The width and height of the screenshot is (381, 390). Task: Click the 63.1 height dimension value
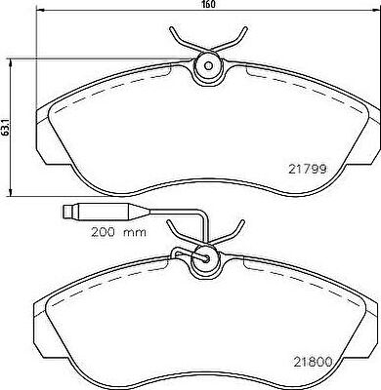coord(4,127)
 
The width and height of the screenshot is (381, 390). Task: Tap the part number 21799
coord(307,169)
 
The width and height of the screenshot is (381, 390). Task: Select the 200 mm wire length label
coord(118,232)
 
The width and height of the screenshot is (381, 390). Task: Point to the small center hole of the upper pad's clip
coord(208,66)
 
